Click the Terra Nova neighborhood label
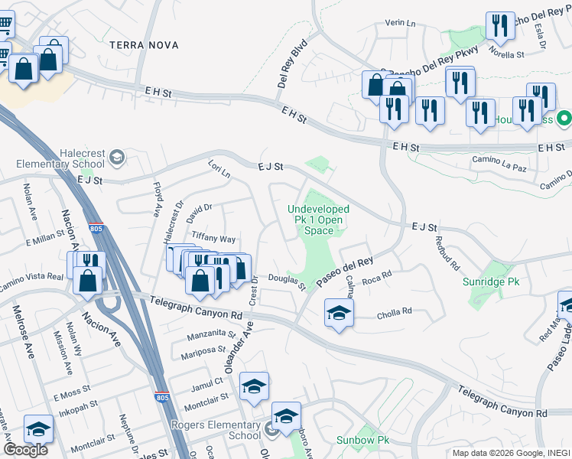click(144, 45)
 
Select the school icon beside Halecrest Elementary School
click(117, 158)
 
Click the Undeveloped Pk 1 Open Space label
click(319, 220)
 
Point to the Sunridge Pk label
click(491, 282)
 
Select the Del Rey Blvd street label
click(291, 63)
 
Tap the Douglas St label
click(287, 282)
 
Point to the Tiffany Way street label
click(213, 239)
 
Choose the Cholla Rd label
click(395, 311)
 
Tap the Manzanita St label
click(211, 334)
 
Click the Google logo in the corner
click(25, 450)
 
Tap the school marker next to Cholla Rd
click(339, 312)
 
